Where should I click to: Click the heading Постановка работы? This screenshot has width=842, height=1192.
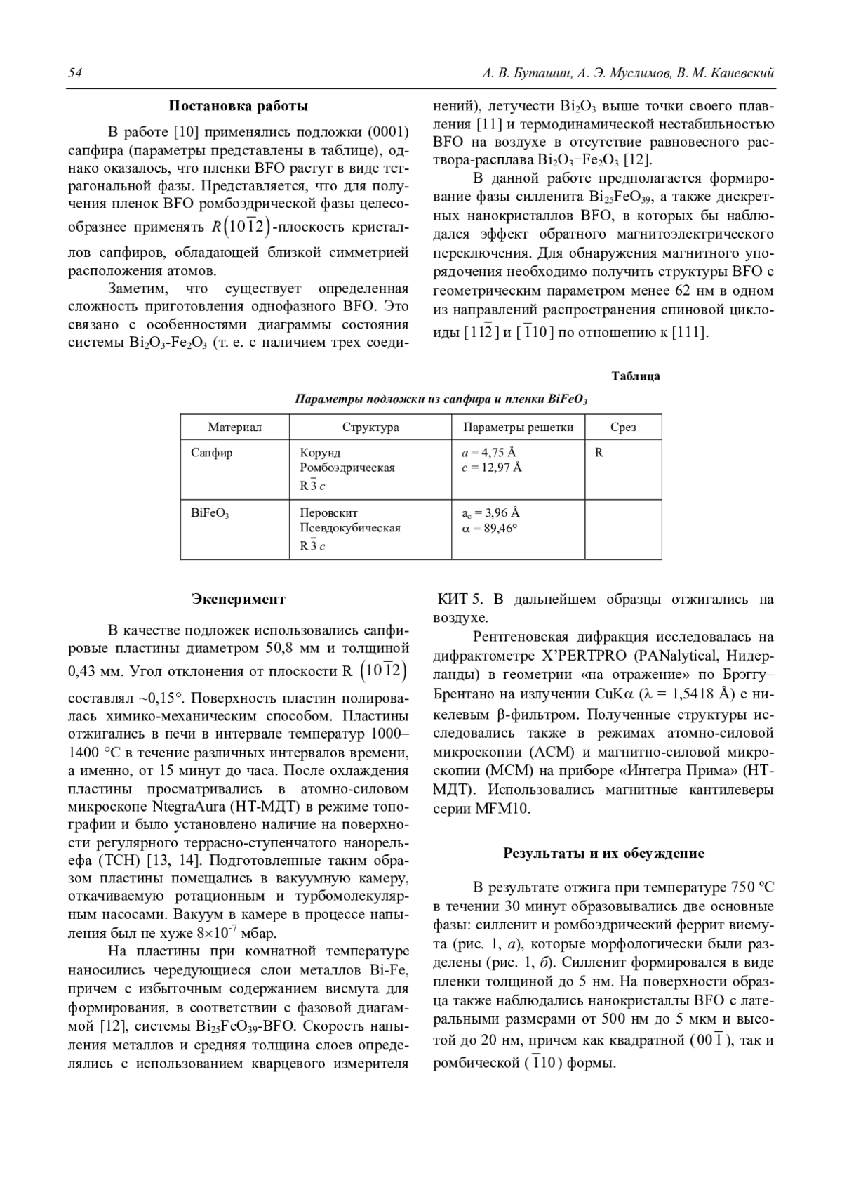tap(238, 107)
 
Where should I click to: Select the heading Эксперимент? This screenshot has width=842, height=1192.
tap(239, 599)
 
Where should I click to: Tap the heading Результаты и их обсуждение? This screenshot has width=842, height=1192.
tap(603, 853)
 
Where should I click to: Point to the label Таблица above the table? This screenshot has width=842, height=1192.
tap(635, 376)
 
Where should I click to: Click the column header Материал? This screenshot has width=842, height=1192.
tap(234, 427)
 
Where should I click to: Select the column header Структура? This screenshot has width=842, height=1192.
tap(370, 427)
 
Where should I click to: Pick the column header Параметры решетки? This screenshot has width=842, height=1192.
tap(518, 427)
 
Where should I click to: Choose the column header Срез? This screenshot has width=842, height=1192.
tap(623, 427)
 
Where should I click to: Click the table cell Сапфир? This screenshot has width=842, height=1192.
tap(212, 453)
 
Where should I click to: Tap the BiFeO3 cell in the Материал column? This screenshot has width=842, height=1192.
tap(210, 513)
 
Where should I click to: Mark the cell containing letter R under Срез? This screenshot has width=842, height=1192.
tap(599, 453)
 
